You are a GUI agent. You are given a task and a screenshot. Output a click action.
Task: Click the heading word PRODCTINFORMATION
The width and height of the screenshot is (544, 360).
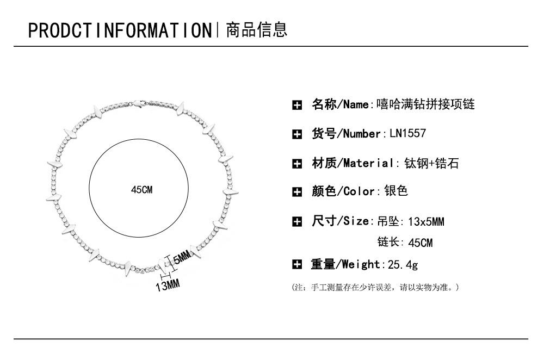pyautogui.click(x=119, y=30)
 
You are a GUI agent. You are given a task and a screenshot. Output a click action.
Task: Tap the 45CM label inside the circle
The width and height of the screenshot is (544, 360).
pyautogui.click(x=142, y=190)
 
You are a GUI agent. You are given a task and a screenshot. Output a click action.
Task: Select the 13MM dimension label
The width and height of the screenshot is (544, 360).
pyautogui.click(x=168, y=284)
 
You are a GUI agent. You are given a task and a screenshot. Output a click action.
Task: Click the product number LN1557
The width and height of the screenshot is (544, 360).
pyautogui.click(x=407, y=133)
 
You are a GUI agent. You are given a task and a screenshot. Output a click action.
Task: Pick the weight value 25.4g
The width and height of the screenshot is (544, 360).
pyautogui.click(x=403, y=264)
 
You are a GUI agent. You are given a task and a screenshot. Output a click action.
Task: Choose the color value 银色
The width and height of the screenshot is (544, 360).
pyautogui.click(x=395, y=191)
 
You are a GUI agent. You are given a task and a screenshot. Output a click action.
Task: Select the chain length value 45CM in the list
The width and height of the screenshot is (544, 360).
pyautogui.click(x=420, y=243)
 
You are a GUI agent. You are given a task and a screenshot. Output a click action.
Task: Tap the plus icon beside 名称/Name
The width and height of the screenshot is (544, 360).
pyautogui.click(x=297, y=105)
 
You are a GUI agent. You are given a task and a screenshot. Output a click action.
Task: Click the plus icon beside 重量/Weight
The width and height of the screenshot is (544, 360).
pyautogui.click(x=297, y=265)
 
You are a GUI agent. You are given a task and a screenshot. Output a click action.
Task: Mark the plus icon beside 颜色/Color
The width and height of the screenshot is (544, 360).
pyautogui.click(x=297, y=191)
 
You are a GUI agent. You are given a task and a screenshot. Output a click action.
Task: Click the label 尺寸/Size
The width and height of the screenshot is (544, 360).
pyautogui.click(x=340, y=221)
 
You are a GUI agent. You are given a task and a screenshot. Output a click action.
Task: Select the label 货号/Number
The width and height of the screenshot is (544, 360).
pyautogui.click(x=345, y=134)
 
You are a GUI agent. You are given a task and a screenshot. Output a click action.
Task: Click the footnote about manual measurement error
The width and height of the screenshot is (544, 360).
pyautogui.click(x=376, y=287)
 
